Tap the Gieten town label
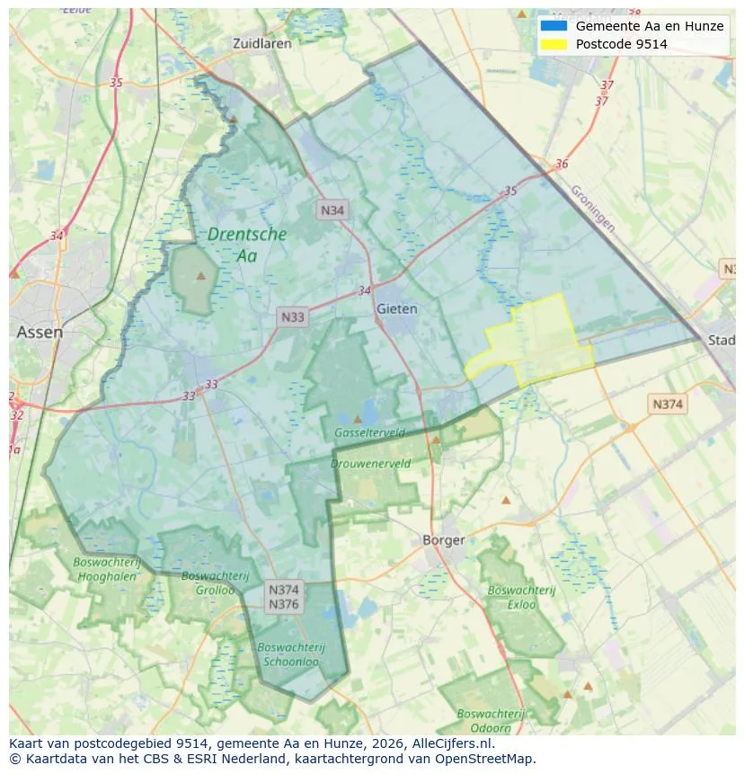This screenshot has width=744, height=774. (x=397, y=308)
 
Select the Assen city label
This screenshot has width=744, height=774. (x=40, y=332)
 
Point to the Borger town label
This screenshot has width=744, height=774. (x=444, y=539)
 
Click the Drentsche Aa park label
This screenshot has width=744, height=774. (x=247, y=245)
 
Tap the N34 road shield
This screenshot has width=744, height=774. (x=332, y=210)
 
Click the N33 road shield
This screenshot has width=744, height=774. (x=293, y=316)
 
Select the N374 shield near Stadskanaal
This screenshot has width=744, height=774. (x=668, y=404)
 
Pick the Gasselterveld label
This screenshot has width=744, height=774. (x=369, y=432)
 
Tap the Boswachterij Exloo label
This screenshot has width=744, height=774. (x=522, y=597)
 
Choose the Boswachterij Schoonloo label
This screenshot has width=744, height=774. (x=290, y=654)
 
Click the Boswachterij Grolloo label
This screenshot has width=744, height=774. (x=208, y=583)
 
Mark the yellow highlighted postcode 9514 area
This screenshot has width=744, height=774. (x=536, y=341)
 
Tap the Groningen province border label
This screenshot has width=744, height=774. (x=592, y=209)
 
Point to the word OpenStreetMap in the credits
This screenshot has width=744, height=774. (x=485, y=759)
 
